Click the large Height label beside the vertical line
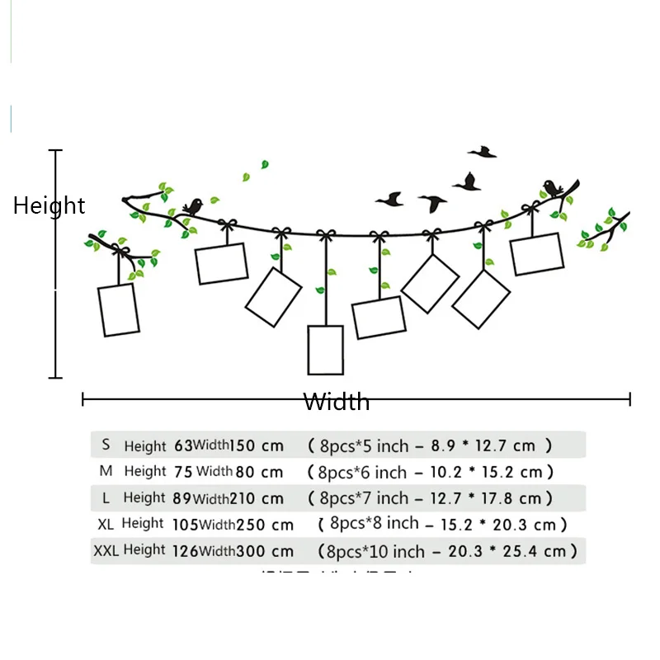49,205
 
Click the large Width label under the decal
337,402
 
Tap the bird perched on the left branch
195,205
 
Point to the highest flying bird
483,152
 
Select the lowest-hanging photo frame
325,350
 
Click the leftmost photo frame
119,309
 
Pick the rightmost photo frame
537,253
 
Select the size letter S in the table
106,445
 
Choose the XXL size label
106,550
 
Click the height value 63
182,445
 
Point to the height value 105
185,524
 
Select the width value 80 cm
258,472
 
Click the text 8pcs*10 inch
375,551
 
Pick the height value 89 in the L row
181,497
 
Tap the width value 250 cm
265,524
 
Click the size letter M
106,471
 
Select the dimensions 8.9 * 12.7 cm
493,445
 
